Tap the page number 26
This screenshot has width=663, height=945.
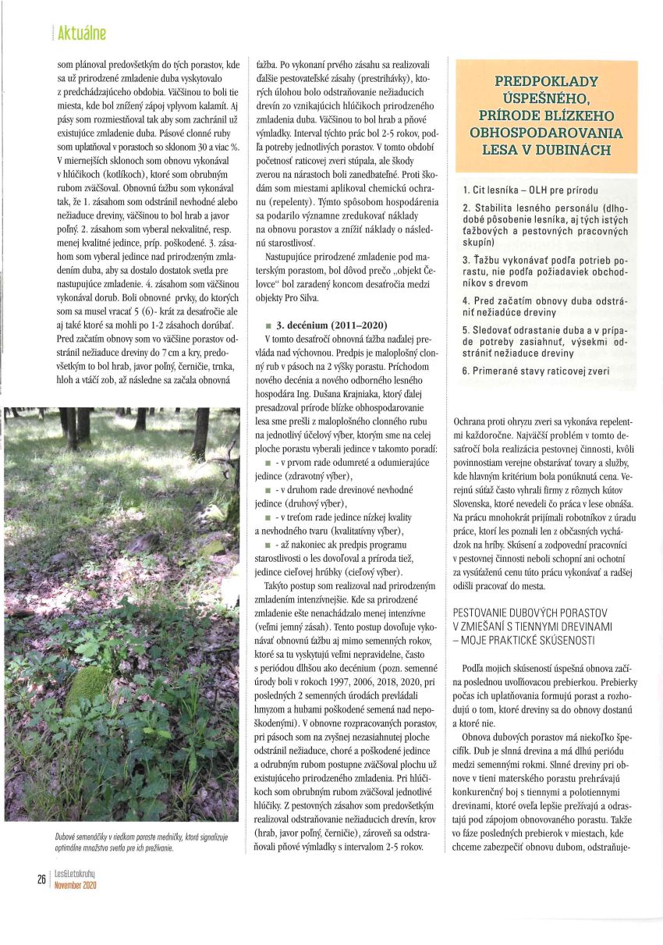click(41, 879)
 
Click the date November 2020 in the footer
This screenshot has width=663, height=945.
click(75, 885)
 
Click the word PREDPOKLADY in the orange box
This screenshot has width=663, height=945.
click(546, 81)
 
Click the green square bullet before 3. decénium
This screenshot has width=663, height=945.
click(268, 324)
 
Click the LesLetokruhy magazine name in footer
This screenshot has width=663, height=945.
click(75, 874)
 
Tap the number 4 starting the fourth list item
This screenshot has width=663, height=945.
click(465, 300)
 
